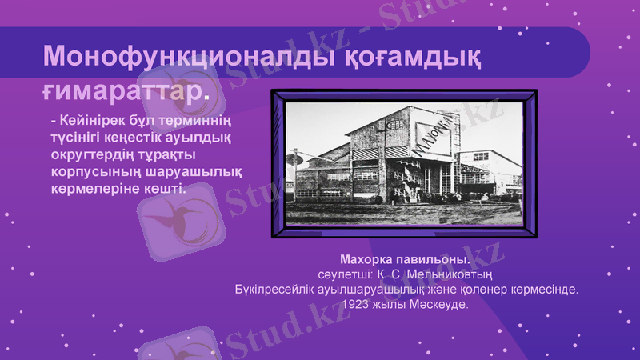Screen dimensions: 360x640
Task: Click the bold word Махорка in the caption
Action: point(366,260)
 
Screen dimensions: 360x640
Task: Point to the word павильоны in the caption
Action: point(431,260)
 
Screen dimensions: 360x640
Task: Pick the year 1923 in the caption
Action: point(357,305)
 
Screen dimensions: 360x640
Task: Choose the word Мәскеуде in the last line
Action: point(438,305)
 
